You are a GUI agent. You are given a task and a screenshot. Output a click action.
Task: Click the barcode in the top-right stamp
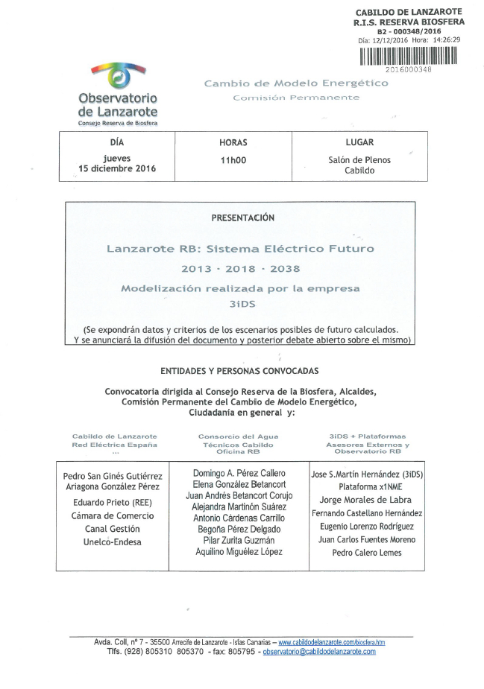tap(409, 57)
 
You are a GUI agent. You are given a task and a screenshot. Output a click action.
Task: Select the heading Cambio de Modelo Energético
tap(296, 83)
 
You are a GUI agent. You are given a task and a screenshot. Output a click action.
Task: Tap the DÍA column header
tap(116, 142)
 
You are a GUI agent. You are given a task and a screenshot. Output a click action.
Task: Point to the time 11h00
tap(233, 160)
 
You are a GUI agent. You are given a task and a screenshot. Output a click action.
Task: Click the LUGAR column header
tap(359, 142)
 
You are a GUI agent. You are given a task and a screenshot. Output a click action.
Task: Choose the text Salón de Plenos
tap(359, 159)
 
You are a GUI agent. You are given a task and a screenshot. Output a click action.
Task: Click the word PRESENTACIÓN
tap(243, 218)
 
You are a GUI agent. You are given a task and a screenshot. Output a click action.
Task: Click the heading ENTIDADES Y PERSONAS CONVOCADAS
tap(239, 370)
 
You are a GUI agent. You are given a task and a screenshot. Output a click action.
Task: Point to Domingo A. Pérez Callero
tap(239, 473)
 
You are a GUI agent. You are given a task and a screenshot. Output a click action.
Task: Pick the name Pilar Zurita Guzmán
tap(239, 539)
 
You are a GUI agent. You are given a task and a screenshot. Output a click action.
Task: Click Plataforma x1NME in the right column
tap(366, 486)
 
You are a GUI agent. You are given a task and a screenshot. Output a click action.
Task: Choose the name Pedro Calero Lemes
tap(366, 553)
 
